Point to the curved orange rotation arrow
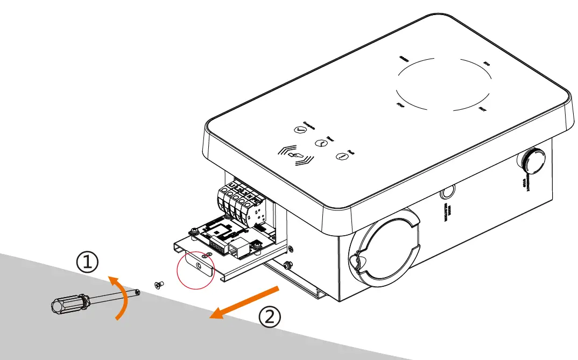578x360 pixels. click(125, 298)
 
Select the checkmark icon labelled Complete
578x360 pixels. click(299, 130)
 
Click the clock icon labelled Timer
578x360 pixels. click(320, 143)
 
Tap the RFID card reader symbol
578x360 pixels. click(295, 155)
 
